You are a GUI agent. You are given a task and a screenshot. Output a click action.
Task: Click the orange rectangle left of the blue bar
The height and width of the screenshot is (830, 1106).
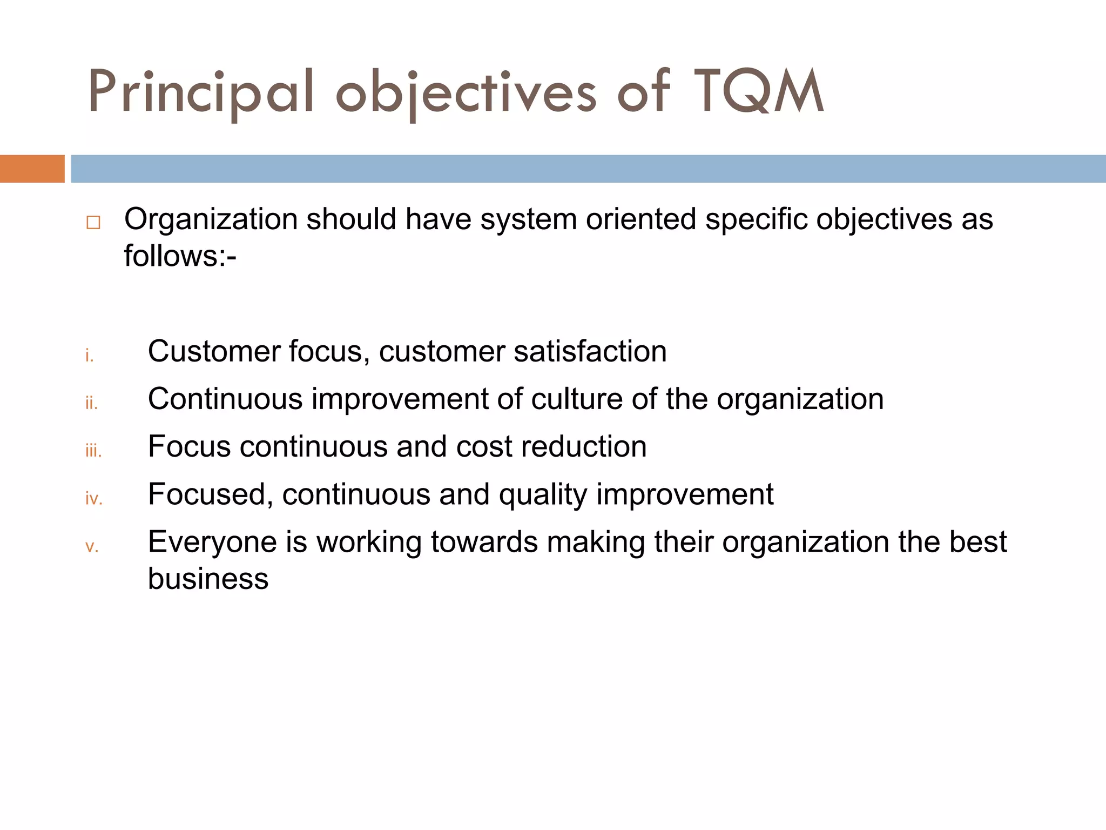[x=32, y=169]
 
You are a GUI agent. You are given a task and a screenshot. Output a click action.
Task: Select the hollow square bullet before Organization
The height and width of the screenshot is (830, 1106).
[x=93, y=223]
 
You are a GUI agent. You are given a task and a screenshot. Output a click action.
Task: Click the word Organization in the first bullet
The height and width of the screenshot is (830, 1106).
[x=211, y=219]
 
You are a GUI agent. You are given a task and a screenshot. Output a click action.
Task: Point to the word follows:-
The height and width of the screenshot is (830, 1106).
[x=180, y=256]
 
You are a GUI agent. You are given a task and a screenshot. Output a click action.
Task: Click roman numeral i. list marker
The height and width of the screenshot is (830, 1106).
[x=90, y=356]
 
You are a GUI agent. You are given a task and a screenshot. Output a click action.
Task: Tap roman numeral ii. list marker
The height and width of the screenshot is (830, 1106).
[x=91, y=403]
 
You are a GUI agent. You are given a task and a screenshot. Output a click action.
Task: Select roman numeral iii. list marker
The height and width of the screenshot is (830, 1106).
[x=93, y=451]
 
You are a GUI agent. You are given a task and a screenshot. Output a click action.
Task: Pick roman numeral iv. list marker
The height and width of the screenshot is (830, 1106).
[x=94, y=498]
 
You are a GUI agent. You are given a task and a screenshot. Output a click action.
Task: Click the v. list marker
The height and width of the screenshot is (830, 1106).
[x=92, y=546]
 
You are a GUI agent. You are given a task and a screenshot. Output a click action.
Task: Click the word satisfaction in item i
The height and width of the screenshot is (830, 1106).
[x=590, y=351]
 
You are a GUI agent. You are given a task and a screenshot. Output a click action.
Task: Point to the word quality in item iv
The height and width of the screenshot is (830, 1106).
[x=543, y=495]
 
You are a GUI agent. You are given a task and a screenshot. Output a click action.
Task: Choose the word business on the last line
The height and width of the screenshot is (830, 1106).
[x=208, y=579]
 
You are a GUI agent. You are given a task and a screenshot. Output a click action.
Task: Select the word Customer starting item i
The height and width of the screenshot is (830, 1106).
[x=214, y=351]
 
